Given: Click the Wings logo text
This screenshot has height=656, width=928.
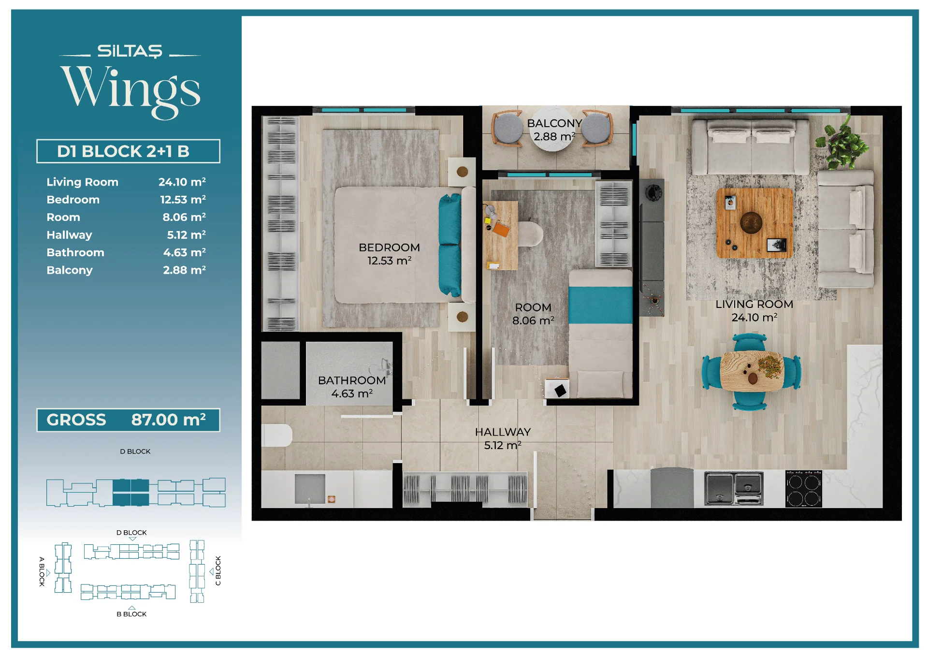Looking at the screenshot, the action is click(130, 91).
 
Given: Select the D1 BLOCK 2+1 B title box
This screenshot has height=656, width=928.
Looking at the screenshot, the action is click(128, 151).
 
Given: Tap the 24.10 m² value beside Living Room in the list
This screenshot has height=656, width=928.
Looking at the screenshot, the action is click(182, 182).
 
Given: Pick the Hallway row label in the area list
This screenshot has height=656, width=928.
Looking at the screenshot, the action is click(69, 235).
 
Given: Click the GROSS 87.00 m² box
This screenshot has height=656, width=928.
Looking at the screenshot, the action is click(128, 420).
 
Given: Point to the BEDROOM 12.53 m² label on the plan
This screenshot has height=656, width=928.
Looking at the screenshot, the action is click(389, 254).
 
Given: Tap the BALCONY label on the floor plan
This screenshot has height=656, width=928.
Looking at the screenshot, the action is click(554, 123).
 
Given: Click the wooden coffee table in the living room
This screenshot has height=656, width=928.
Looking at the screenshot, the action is click(754, 223).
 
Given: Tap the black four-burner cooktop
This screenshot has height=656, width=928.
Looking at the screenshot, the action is click(803, 489).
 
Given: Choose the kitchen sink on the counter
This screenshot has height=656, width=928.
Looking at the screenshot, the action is click(734, 488).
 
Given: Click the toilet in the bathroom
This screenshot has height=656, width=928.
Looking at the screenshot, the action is click(277, 435).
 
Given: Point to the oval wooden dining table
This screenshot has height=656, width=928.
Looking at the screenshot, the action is click(752, 371).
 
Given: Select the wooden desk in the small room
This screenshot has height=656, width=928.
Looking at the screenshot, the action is click(500, 235).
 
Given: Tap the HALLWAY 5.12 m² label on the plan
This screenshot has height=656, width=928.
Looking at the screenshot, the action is click(503, 438).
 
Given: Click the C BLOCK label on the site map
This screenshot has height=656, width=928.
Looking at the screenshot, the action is click(218, 570).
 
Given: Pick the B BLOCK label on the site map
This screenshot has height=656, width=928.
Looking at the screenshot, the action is click(131, 614).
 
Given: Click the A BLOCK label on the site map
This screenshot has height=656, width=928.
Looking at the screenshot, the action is click(42, 571).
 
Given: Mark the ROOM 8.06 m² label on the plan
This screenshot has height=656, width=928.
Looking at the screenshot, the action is click(533, 314).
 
